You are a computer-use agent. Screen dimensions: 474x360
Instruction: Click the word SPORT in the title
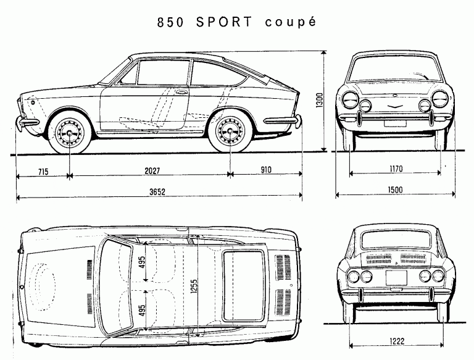tap(223, 22)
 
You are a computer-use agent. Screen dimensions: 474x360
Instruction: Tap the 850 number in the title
tap(170, 23)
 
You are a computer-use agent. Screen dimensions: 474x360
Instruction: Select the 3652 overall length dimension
tap(157, 192)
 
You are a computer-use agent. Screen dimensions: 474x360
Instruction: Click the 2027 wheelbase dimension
tap(152, 171)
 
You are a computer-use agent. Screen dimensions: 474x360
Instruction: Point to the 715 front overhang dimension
tap(43, 172)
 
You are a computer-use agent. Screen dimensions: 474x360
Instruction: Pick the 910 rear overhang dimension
tap(266, 170)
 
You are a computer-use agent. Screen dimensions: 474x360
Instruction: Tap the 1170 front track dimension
tap(396, 169)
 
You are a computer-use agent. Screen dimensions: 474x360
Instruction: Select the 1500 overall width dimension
tap(395, 190)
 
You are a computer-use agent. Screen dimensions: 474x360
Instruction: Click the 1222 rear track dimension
tap(397, 341)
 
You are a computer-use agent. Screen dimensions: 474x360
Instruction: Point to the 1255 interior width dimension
tap(194, 286)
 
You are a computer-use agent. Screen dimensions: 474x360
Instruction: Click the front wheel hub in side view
tap(70, 133)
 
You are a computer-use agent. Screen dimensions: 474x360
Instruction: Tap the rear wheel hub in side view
tap(230, 132)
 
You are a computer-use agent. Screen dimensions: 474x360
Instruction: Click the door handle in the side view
tap(181, 91)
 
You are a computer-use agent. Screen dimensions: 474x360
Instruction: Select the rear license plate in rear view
tap(396, 278)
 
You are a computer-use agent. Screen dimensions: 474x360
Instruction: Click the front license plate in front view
tap(395, 123)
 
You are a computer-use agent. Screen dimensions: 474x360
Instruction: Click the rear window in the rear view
tap(396, 240)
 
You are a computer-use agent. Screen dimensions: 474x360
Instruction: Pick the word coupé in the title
tap(291, 23)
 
